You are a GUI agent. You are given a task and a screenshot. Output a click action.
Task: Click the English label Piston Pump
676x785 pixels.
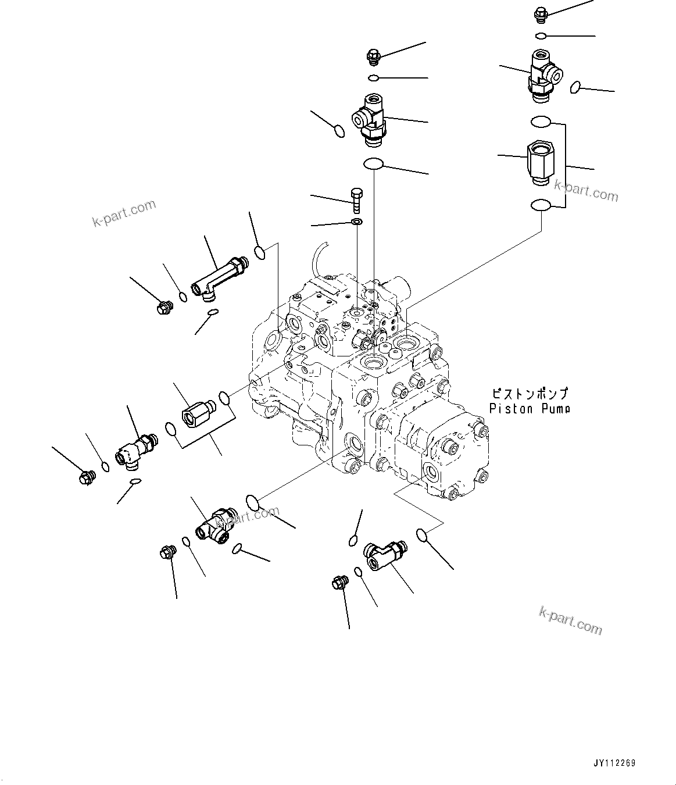(x=529, y=409)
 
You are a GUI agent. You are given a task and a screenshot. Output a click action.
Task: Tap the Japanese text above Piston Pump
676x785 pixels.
(x=529, y=394)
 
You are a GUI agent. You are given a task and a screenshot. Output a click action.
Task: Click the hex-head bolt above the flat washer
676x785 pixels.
(x=356, y=200)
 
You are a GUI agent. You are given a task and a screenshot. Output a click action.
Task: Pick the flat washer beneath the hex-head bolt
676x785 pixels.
(x=356, y=222)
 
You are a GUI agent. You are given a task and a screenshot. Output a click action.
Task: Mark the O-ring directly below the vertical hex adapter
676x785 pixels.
(x=541, y=205)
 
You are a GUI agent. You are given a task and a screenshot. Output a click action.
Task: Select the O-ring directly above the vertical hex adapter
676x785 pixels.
(x=541, y=122)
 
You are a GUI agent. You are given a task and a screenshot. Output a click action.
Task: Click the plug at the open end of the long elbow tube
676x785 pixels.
(x=164, y=306)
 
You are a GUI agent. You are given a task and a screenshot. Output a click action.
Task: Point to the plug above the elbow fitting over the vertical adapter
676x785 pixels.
(x=540, y=14)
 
